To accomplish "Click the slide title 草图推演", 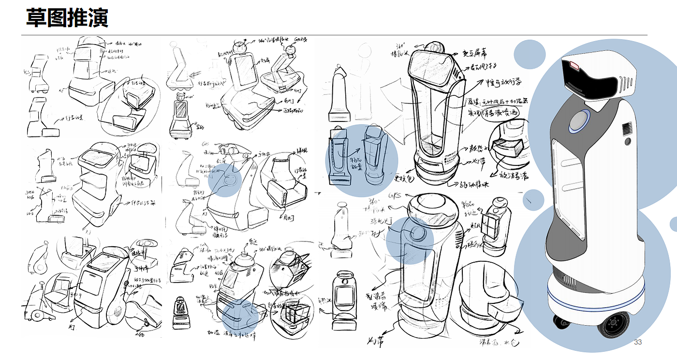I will (67, 18).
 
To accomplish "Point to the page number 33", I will (638, 343).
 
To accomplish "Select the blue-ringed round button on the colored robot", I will (579, 121).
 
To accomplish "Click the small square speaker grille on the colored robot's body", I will (627, 129).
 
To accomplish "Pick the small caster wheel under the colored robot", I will (561, 321).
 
